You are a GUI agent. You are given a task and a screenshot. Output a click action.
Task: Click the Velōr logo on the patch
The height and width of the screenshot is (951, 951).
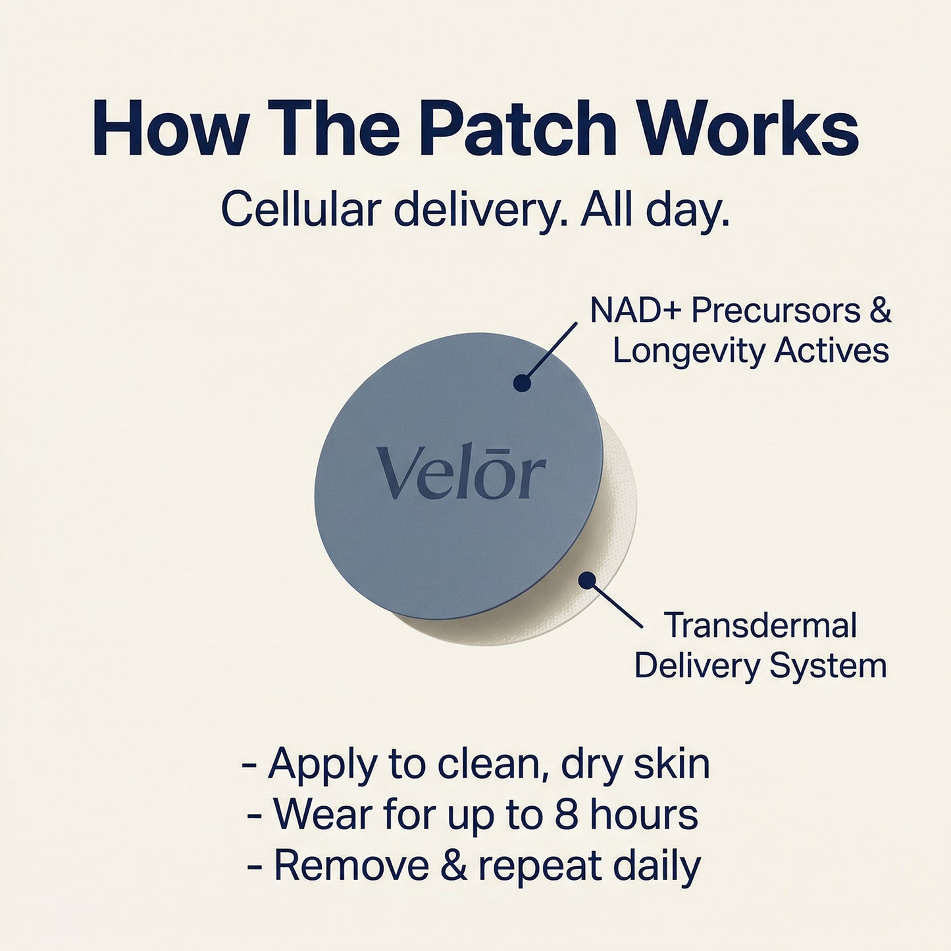coord(461,473)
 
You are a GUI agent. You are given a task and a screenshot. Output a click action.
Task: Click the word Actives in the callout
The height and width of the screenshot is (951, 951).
coord(832,350)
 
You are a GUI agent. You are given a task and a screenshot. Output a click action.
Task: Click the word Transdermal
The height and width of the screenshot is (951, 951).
coord(760,625)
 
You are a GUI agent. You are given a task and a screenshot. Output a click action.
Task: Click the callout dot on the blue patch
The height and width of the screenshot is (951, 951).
coord(522,382)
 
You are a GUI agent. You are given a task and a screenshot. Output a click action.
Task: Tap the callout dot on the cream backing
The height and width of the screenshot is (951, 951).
coord(587,580)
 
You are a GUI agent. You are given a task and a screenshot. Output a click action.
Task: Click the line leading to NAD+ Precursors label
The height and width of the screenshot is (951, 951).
coord(552,351)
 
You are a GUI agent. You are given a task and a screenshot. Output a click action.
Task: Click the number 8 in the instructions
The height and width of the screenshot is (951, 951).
coord(566,814)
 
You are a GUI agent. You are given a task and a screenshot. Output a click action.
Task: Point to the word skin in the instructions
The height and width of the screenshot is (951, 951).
coord(672,763)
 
